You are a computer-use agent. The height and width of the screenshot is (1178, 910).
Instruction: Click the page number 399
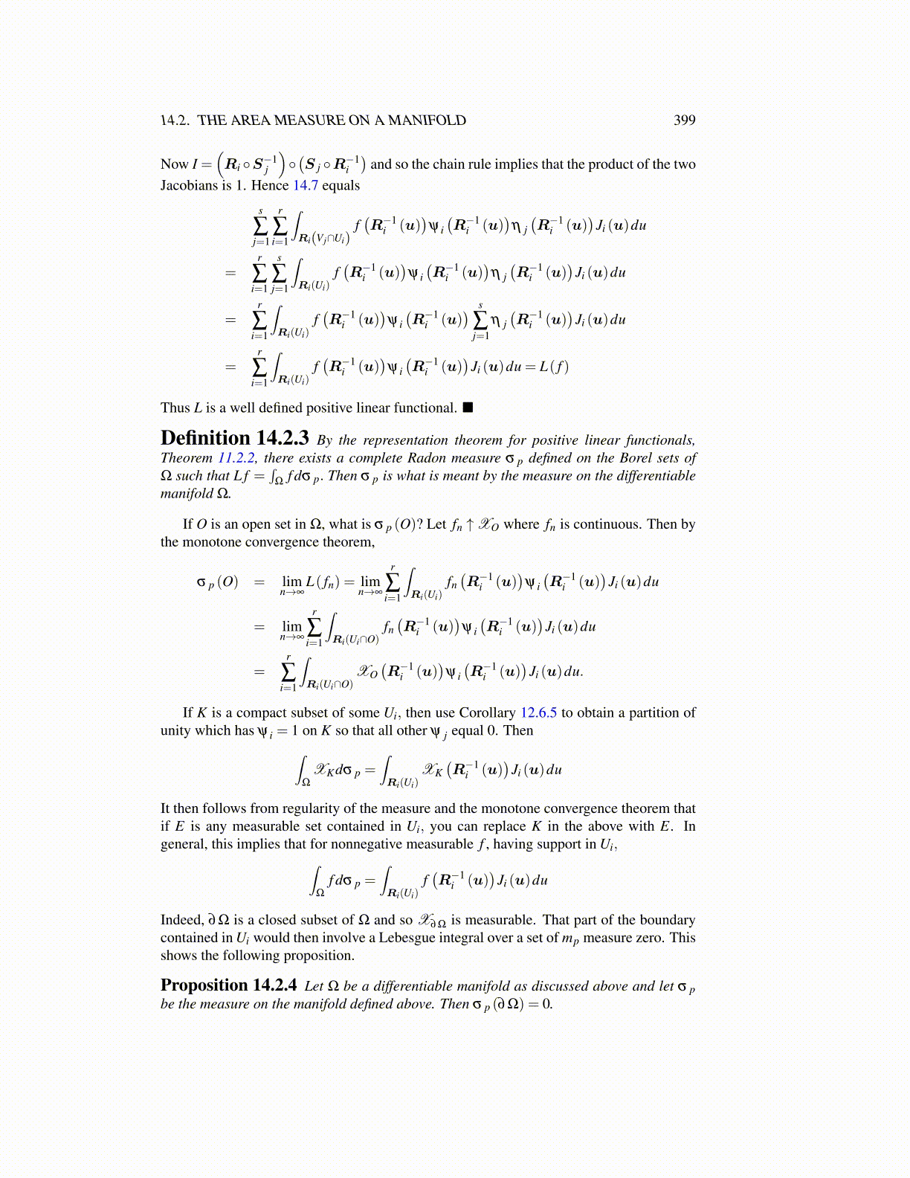[684, 120]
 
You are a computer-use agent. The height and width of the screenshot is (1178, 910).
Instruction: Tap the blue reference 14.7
[305, 185]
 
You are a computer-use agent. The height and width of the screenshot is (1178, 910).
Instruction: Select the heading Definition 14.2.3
[234, 438]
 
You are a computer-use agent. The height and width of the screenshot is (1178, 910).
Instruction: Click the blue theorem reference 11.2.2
[236, 458]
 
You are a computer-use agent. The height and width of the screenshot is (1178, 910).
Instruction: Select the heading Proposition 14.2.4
[228, 985]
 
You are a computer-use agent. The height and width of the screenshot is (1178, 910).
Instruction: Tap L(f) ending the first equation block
[554, 367]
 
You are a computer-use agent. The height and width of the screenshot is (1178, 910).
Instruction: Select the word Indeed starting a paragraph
[181, 920]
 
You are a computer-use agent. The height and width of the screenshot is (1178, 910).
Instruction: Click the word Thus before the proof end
[175, 408]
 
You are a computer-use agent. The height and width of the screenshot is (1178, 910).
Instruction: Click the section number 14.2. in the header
[175, 120]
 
